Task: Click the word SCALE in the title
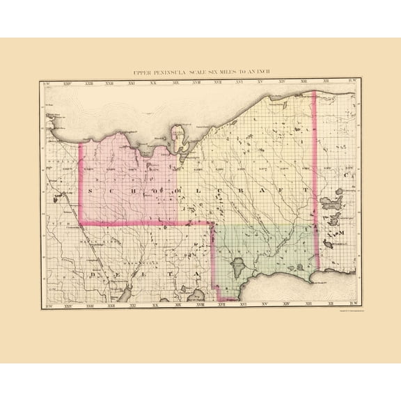coord(198,72)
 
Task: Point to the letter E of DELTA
coord(118,275)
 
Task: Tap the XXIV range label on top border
coord(67,84)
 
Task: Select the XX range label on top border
coord(154,84)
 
